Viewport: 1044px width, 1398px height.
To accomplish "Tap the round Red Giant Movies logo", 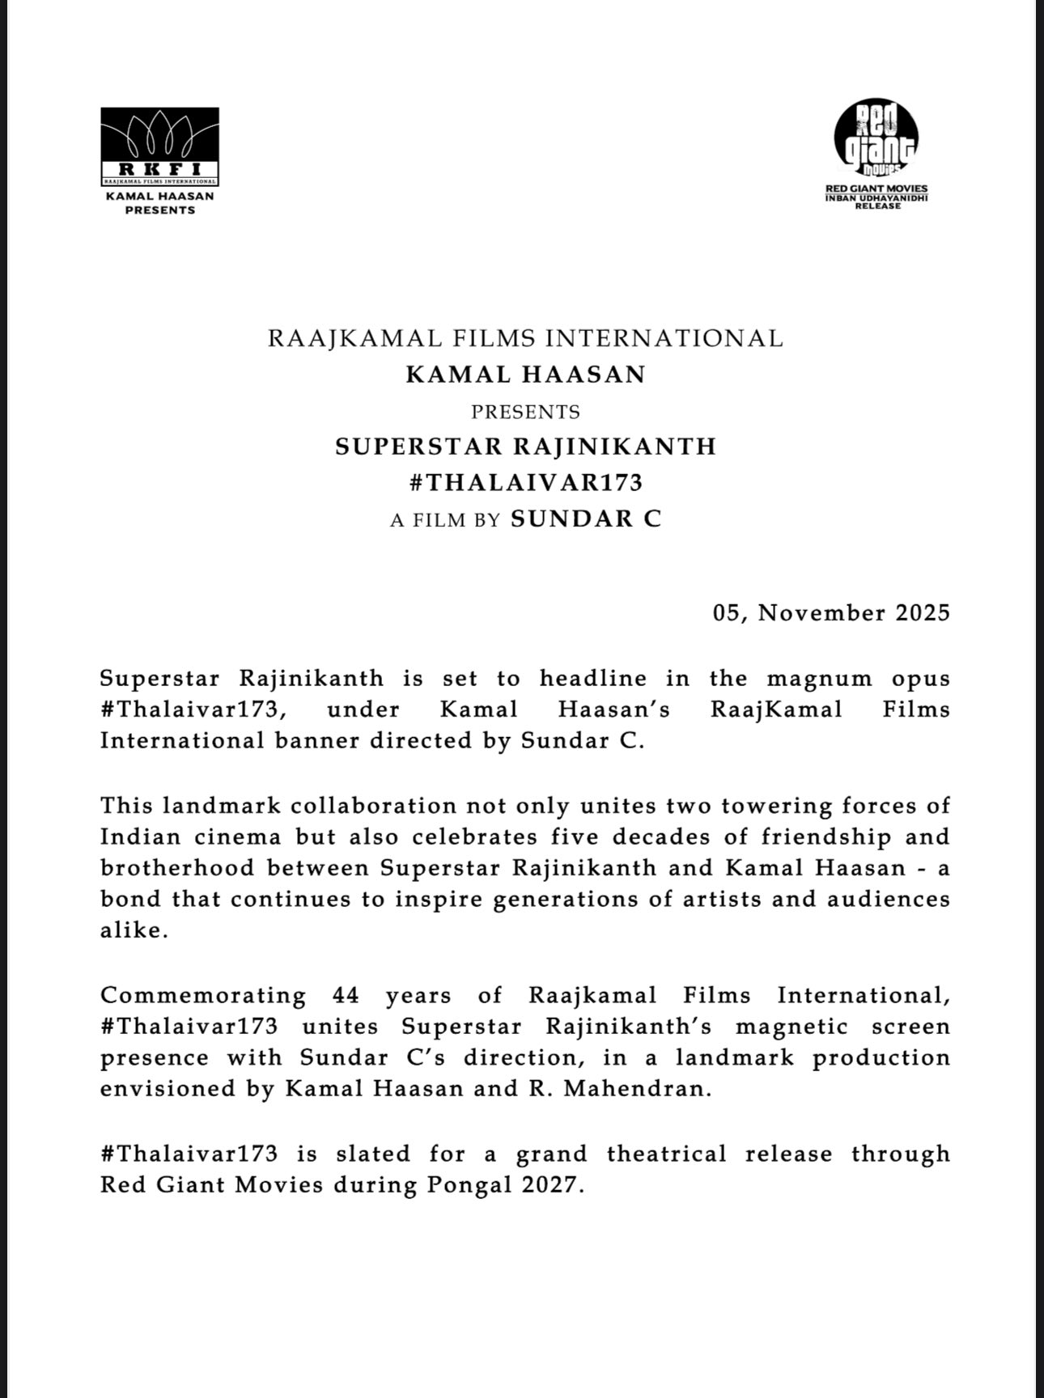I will pyautogui.click(x=876, y=138).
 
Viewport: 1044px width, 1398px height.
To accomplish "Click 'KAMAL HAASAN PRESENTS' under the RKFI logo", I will pyautogui.click(x=159, y=203).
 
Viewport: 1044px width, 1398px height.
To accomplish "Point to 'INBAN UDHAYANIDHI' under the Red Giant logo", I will pyautogui.click(x=876, y=197).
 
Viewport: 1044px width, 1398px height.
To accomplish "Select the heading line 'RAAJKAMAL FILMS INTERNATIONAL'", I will pyautogui.click(x=525, y=338).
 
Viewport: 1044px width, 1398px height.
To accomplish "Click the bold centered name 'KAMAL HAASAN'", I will pyautogui.click(x=525, y=375).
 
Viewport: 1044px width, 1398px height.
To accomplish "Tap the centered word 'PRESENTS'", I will pyautogui.click(x=525, y=412).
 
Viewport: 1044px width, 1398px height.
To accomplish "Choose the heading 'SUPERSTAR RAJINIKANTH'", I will pyautogui.click(x=525, y=447).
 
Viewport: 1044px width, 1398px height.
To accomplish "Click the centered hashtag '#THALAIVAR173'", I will pyautogui.click(x=525, y=483).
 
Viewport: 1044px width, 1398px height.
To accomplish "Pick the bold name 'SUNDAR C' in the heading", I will pyautogui.click(x=586, y=519).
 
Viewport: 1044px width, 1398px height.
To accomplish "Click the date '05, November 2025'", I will pyautogui.click(x=831, y=612).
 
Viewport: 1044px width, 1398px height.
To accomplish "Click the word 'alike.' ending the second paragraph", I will pyautogui.click(x=134, y=930).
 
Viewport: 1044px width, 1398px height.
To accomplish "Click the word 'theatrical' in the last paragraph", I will pyautogui.click(x=667, y=1154).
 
